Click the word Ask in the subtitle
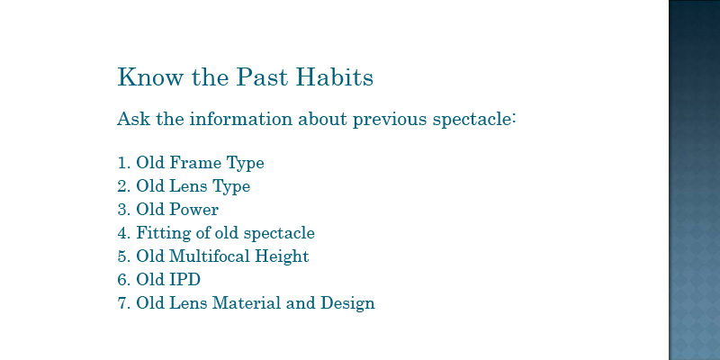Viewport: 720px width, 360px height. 133,119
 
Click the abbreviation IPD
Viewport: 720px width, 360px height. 185,279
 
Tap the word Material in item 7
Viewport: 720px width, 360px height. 246,302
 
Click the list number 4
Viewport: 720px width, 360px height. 121,233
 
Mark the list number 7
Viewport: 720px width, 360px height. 121,303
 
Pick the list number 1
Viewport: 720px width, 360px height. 121,163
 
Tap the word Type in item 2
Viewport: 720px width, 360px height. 231,187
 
